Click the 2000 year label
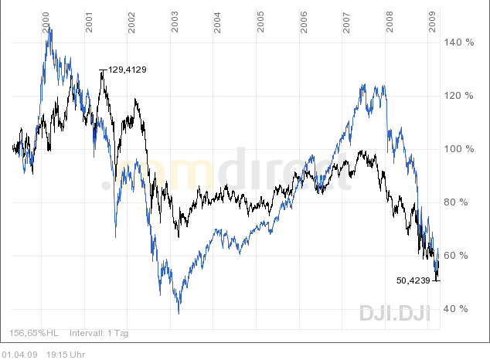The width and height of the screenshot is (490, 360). [x=46, y=21]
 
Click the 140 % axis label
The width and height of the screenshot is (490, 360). [x=458, y=42]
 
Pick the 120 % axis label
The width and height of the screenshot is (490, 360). [x=458, y=96]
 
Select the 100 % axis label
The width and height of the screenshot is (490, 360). [x=458, y=149]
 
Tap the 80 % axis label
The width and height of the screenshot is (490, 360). [x=456, y=202]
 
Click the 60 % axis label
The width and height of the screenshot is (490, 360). [x=456, y=256]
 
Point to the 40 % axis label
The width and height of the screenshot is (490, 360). [x=456, y=309]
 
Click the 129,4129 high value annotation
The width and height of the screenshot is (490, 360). [x=128, y=70]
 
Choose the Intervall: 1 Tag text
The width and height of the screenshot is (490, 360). [x=99, y=334]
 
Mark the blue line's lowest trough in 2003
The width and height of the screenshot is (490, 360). [x=179, y=313]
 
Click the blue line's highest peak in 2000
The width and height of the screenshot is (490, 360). [x=50, y=29]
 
